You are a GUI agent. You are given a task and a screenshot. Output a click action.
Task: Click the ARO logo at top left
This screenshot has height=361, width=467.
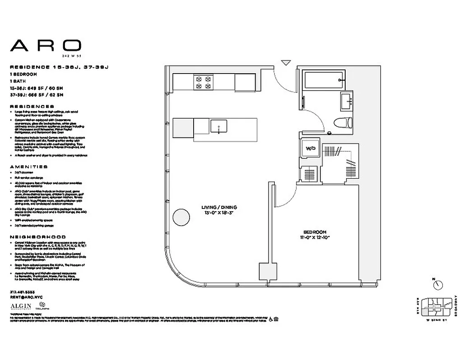tap(46, 45)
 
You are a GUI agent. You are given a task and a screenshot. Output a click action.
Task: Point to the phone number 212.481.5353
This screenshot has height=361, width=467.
tap(24, 292)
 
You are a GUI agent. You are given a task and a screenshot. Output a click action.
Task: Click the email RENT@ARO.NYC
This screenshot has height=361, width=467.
tap(25, 297)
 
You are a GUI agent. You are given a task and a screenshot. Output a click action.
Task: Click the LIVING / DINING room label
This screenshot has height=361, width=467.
tap(219, 208)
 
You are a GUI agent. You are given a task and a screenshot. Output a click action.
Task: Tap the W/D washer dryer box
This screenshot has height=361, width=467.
tap(310, 148)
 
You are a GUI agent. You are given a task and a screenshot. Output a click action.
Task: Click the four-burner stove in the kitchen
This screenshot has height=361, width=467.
tap(203, 82)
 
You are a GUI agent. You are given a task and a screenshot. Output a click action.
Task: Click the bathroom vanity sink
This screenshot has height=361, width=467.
tap(347, 101)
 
